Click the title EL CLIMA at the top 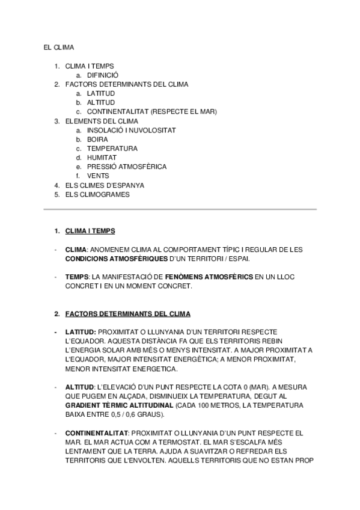(59, 47)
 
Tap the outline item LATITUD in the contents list (101, 94)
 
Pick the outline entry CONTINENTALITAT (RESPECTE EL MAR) (151, 112)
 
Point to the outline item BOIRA (97, 139)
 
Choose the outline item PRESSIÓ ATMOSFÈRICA (127, 167)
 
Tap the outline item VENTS (98, 176)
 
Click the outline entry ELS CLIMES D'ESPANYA (105, 185)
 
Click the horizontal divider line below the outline (180, 209)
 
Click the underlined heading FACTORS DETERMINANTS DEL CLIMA (127, 314)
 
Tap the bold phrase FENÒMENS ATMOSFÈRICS (209, 277)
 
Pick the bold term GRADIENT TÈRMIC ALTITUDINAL (119, 406)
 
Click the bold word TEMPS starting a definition (76, 277)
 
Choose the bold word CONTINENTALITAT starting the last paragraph (96, 433)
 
